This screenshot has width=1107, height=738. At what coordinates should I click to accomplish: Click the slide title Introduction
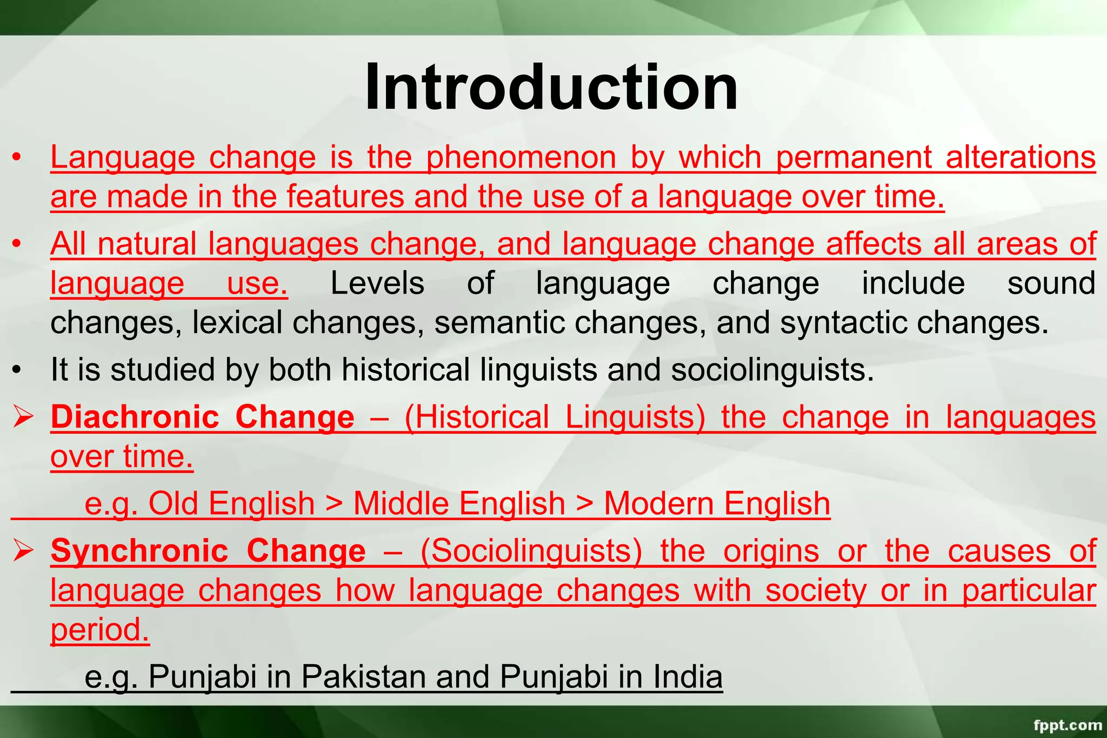click(x=551, y=88)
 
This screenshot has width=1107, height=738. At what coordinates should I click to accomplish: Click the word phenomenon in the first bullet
click(x=521, y=158)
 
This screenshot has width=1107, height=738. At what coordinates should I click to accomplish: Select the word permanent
click(x=853, y=158)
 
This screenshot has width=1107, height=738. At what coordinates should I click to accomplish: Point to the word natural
click(x=147, y=244)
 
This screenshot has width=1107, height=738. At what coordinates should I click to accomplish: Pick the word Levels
click(x=377, y=283)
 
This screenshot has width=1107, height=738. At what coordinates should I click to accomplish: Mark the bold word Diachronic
click(x=135, y=417)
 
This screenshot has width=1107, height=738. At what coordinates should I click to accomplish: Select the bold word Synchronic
click(x=139, y=551)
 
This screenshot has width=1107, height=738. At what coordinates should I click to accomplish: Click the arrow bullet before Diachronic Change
click(x=24, y=417)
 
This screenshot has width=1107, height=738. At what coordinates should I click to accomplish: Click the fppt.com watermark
click(x=1067, y=725)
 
